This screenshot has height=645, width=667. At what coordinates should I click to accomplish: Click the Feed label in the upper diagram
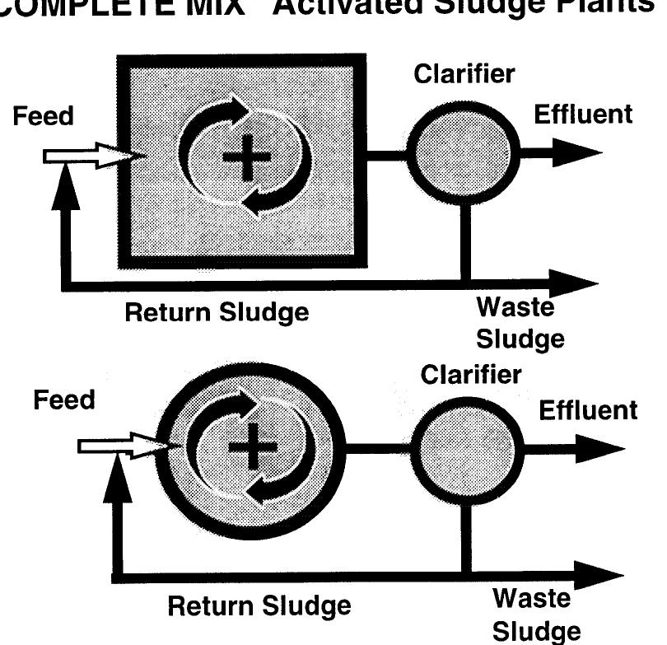(43, 117)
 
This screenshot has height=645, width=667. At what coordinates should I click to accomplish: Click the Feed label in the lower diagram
(64, 401)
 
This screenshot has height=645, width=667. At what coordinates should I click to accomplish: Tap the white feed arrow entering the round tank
(124, 446)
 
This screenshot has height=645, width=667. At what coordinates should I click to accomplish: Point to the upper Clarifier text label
(464, 74)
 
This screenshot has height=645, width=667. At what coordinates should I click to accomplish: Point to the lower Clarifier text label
(471, 375)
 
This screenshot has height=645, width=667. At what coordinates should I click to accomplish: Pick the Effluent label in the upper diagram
(583, 115)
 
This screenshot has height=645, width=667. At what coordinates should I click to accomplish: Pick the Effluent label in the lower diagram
(588, 409)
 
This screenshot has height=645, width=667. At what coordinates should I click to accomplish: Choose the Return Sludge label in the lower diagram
(259, 607)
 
